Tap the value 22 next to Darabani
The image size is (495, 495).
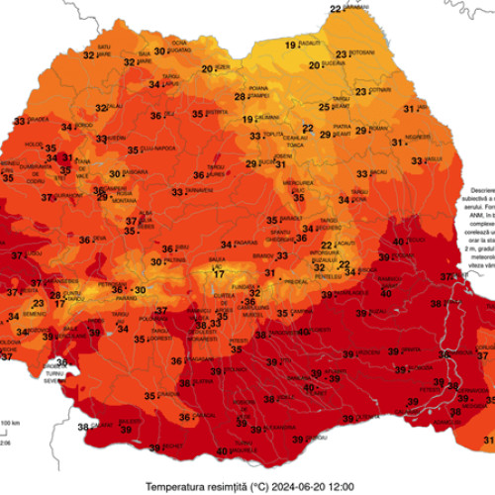(336, 9)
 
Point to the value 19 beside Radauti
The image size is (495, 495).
(290, 45)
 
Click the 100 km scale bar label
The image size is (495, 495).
(9, 424)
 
